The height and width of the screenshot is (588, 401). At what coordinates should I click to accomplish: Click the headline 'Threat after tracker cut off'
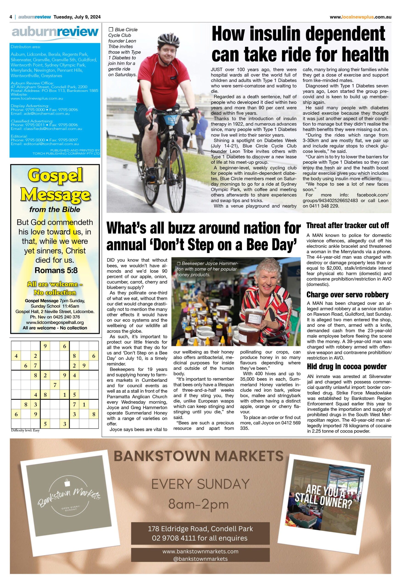[x=347, y=225]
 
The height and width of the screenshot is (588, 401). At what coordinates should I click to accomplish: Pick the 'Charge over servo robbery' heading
[x=347, y=294]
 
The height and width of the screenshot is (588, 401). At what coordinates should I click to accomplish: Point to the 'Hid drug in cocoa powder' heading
[x=347, y=366]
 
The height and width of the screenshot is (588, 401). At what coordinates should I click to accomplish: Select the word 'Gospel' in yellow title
[x=55, y=175]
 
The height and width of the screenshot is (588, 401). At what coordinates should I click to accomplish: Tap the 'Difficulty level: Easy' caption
[x=25, y=430]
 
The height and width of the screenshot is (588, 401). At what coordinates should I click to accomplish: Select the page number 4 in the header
[x=11, y=17]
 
